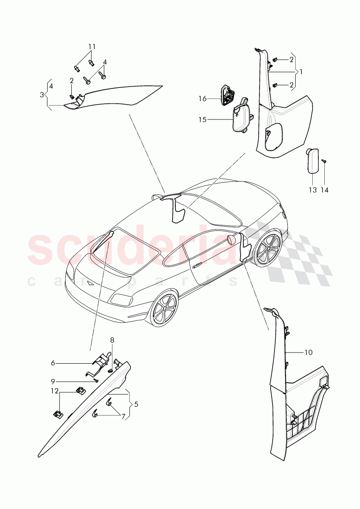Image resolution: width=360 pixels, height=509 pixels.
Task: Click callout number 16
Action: click(x=203, y=99)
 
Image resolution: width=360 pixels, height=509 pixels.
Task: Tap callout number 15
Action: click(x=203, y=120)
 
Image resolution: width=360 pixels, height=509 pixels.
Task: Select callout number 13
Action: click(x=313, y=190)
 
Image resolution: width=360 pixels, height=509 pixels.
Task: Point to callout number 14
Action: click(x=324, y=190)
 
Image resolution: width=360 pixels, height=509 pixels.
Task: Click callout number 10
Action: click(x=308, y=352)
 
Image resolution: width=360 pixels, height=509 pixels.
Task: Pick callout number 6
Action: click(x=53, y=363)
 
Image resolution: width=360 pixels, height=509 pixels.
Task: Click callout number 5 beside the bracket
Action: click(x=136, y=404)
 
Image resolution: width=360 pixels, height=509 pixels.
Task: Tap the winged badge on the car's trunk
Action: click(x=91, y=282)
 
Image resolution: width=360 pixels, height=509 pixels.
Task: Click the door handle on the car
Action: click(x=198, y=266)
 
